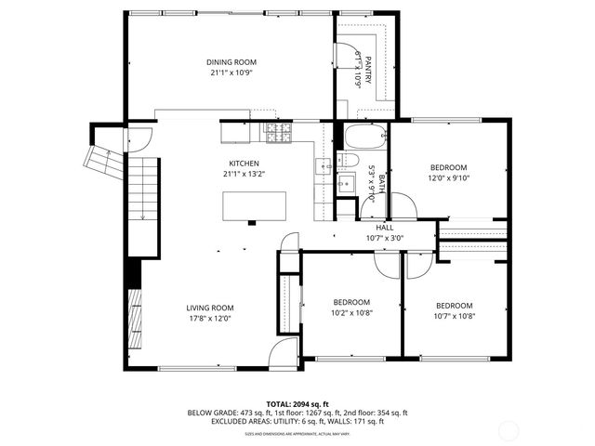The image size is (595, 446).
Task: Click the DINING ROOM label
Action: point(231,63)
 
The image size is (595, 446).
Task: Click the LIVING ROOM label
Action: point(209,308)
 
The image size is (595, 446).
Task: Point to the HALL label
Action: point(384,228)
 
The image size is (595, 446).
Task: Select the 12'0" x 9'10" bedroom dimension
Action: point(449,178)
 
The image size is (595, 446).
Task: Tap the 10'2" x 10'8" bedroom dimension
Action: point(352,313)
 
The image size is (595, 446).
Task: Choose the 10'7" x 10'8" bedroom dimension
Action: point(454,317)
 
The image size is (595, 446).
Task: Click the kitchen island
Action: point(254,204)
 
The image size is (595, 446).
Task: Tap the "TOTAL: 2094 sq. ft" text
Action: point(297,403)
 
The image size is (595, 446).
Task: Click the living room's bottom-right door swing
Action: point(283,354)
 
